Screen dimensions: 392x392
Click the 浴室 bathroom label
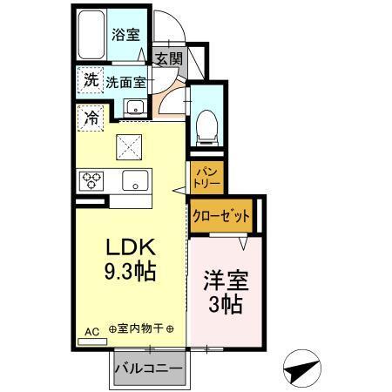[125, 35]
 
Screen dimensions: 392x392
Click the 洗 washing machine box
[91, 80]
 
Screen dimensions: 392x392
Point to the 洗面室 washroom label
[125, 82]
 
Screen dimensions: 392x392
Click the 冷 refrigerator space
[91, 115]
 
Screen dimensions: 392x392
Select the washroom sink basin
[135, 108]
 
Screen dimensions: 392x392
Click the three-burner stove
[92, 180]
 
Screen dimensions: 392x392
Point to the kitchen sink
[134, 181]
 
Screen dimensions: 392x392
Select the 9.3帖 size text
[126, 273]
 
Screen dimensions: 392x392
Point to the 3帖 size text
[224, 306]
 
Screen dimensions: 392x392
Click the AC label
[91, 330]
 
